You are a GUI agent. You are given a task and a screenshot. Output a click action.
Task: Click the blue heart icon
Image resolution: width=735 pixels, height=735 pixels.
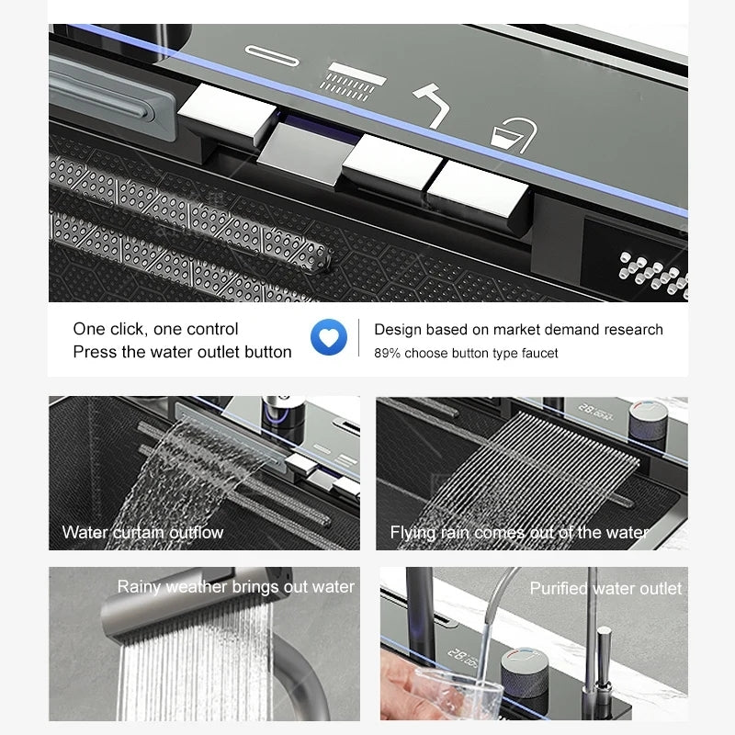click(329, 337)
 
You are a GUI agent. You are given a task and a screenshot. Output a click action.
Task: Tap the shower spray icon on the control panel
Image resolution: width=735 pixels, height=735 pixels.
click(353, 82)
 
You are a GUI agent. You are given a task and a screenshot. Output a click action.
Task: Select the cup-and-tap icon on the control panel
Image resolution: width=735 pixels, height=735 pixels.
click(514, 135)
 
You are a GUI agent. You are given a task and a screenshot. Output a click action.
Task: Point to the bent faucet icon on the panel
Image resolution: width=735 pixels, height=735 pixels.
click(432, 105)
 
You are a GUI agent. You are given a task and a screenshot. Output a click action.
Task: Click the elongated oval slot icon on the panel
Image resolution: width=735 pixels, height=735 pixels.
click(272, 56)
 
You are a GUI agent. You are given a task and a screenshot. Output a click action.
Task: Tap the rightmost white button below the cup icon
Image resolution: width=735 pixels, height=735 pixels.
click(478, 189)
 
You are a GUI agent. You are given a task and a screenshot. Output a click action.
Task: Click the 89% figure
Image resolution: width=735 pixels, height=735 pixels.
click(387, 353)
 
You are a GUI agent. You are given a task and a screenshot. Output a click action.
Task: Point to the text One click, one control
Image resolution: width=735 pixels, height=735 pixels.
click(155, 329)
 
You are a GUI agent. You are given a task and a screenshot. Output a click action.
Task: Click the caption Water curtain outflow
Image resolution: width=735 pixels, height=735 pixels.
click(142, 533)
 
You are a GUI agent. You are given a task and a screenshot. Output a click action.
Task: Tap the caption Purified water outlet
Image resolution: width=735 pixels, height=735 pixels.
click(605, 588)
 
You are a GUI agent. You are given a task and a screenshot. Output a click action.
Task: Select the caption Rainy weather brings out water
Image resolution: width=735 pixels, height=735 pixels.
click(236, 587)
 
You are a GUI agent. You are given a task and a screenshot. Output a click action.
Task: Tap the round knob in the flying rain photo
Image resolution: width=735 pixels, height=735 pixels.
click(648, 422)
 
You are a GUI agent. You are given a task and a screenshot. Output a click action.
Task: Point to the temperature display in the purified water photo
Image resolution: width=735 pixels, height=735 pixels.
click(463, 658)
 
